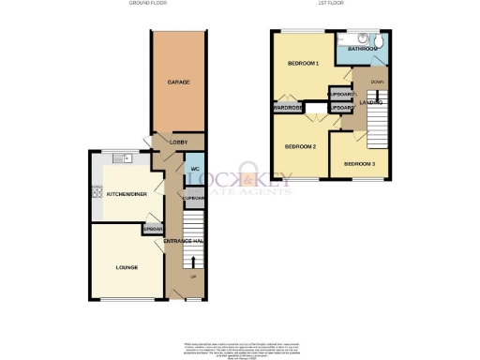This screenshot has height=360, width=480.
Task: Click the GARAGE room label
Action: (179, 82)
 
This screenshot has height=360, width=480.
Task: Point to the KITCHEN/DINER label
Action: (124, 194)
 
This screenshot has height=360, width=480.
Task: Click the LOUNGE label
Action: (127, 267)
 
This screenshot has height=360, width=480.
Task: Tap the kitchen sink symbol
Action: (119, 158)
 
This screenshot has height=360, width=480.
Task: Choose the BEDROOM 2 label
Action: (300, 147)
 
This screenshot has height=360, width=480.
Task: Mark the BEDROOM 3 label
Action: (359, 164)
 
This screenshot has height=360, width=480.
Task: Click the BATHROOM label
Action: (362, 47)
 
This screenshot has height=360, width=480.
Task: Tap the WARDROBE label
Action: (287, 108)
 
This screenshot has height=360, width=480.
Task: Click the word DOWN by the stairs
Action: (377, 82)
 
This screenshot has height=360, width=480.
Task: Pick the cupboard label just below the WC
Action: (194, 199)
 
